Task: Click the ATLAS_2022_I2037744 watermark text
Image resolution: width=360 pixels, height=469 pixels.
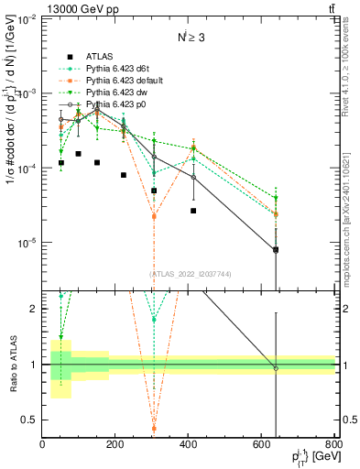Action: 190,274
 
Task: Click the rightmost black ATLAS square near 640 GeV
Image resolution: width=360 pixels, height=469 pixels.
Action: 276,249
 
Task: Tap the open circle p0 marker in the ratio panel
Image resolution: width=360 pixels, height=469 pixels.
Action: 276,368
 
